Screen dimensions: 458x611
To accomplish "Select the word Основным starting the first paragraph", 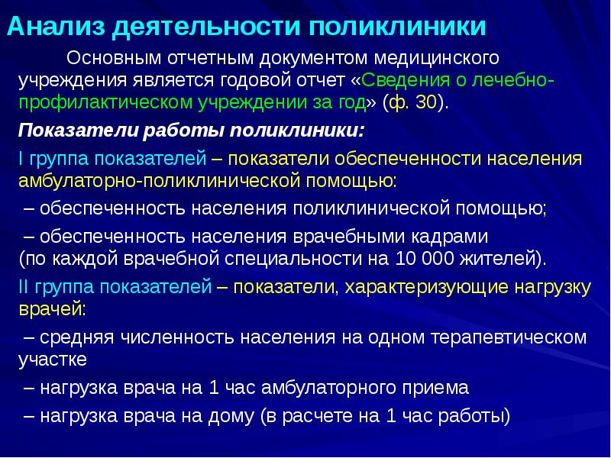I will tap(118, 58).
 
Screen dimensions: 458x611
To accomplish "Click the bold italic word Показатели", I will tap(71, 130).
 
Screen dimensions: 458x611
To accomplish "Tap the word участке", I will tap(53, 358).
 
